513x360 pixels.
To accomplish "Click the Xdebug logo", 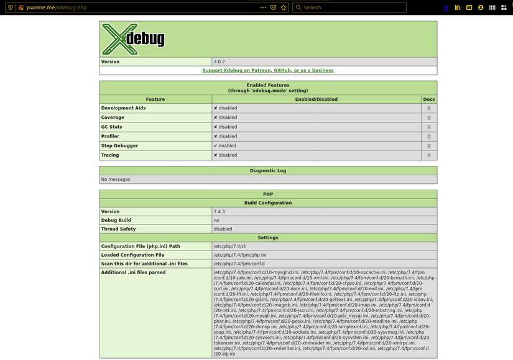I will click(133, 39).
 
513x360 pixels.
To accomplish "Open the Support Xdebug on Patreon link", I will click(267, 70).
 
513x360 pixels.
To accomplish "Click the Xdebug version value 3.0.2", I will click(220, 62).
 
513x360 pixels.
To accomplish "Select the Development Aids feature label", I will click(123, 108).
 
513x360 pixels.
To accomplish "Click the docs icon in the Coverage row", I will click(428, 118).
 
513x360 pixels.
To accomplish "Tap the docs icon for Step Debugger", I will click(428, 146).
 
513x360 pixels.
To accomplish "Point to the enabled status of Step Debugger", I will click(225, 146).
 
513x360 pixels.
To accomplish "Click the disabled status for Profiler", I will click(225, 136).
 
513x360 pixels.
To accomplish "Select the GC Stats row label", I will click(113, 127).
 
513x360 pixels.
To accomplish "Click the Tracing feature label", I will click(110, 155).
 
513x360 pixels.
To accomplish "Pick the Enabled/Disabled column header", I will click(316, 99).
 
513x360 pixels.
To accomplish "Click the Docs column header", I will click(428, 99).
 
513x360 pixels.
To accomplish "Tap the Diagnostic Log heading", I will click(267, 170).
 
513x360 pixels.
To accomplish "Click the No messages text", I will click(116, 180).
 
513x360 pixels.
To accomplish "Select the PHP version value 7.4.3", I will click(220, 211).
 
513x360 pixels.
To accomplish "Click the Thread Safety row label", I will click(118, 229).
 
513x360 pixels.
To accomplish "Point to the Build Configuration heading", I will click(267, 203).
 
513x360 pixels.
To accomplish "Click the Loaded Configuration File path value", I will click(240, 255).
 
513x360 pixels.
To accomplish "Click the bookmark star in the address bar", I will click(284, 7).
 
